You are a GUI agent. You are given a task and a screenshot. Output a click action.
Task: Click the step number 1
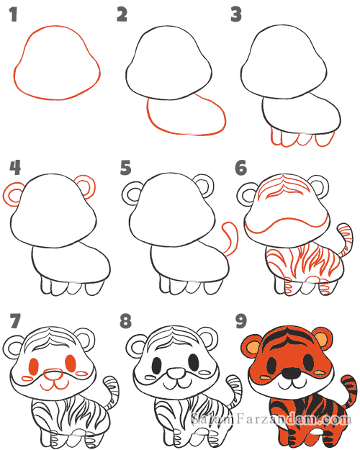(14, 14)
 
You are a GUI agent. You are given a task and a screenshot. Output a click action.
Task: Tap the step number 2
(122, 14)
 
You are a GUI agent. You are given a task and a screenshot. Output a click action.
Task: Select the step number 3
(236, 14)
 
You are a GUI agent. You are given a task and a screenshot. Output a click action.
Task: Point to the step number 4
(15, 168)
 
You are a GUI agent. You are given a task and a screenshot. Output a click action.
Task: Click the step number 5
(126, 168)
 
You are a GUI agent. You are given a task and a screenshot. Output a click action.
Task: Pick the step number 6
(241, 168)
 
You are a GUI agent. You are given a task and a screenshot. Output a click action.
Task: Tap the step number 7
(15, 321)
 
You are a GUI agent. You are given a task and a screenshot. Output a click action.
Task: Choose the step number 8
(126, 321)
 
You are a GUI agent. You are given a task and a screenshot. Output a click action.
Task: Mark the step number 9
(241, 321)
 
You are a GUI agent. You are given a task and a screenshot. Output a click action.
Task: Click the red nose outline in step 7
(53, 374)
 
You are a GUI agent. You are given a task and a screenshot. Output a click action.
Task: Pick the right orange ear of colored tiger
(324, 337)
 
